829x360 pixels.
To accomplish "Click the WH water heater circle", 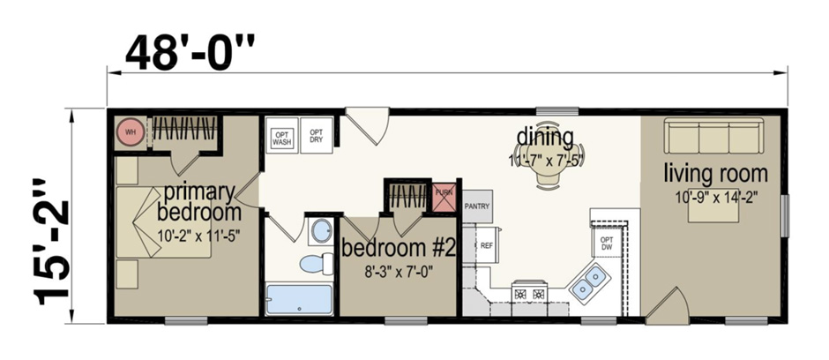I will click(130, 132).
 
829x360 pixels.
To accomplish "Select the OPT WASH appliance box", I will click(281, 135).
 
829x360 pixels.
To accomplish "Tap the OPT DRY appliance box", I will click(317, 135).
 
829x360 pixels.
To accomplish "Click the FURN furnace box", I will click(443, 196).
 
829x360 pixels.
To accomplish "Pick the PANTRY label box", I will click(476, 206).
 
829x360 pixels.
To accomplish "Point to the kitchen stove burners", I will click(529, 292).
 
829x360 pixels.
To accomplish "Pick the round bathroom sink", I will click(320, 232).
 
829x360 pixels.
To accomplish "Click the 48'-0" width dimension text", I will click(189, 54).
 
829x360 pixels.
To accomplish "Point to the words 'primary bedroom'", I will click(198, 202).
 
